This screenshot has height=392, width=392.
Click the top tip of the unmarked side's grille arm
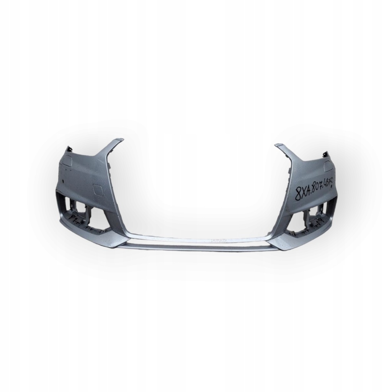coord(119,141)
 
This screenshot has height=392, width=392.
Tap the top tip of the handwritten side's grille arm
coord(278,145)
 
